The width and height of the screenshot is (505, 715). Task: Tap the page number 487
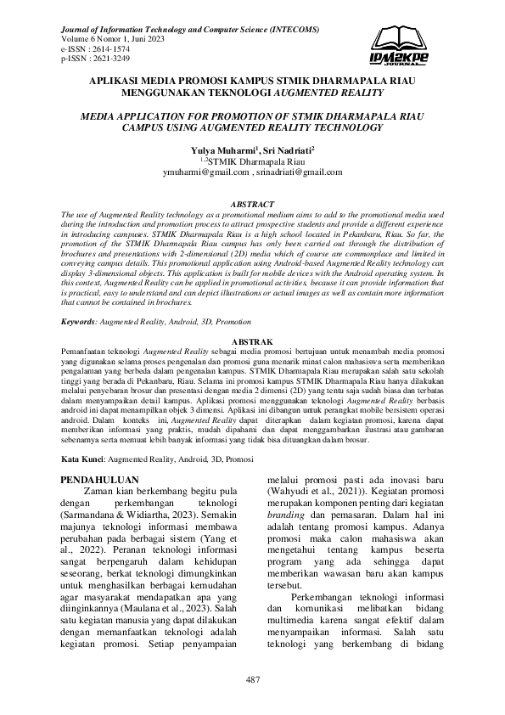pos(252,679)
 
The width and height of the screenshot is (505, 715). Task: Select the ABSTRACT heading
pos(252,205)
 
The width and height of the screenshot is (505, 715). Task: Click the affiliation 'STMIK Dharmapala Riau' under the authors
pos(257,160)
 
